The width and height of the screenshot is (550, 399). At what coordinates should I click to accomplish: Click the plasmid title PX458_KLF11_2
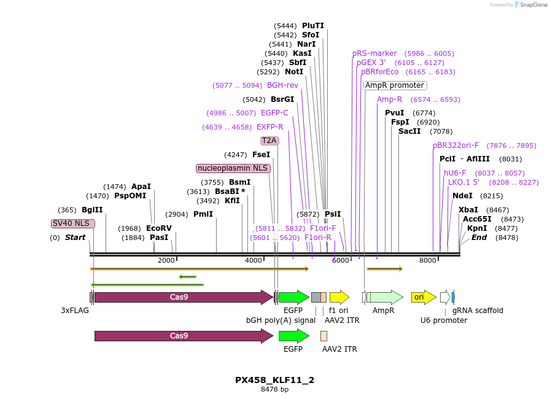274,380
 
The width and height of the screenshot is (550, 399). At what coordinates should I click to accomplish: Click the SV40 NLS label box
73,223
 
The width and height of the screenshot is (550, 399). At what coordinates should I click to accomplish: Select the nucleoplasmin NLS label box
233,168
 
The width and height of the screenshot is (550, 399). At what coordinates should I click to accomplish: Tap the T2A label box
269,141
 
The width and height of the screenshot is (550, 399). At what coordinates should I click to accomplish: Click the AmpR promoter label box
395,85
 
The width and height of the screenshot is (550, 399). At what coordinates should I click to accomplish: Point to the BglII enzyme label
92,210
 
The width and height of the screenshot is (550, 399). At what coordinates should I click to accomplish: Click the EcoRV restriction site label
159,228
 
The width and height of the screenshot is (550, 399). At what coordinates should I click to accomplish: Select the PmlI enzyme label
203,214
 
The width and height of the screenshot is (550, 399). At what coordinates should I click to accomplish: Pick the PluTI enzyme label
313,26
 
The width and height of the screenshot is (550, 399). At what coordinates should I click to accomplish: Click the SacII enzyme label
409,131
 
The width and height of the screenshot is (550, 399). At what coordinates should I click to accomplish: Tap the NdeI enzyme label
462,196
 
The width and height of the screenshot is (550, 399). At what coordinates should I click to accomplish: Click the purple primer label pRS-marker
374,53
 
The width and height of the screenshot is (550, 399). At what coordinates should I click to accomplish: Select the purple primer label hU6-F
455,173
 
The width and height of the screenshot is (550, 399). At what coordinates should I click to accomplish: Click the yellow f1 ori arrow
339,298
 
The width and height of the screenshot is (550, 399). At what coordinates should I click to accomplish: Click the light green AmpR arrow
384,298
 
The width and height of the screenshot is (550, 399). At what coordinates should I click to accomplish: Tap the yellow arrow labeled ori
424,298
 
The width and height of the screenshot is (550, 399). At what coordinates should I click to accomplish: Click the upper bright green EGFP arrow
293,298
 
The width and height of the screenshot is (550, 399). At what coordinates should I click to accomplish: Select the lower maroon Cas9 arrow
183,336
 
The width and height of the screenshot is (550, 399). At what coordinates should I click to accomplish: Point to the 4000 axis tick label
254,261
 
